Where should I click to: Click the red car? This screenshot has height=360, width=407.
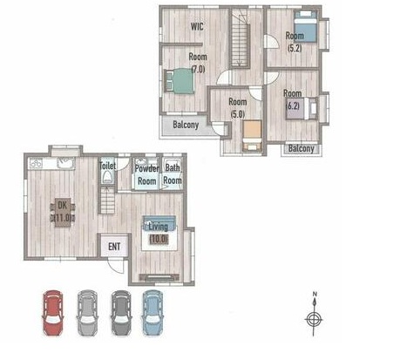click(53, 313)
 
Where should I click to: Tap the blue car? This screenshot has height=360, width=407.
click(153, 313)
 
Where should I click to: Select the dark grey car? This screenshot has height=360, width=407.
click(121, 313)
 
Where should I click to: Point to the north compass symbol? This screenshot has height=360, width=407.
click(314, 315)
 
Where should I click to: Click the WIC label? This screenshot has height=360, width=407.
click(197, 26)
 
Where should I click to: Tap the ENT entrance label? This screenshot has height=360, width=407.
click(114, 247)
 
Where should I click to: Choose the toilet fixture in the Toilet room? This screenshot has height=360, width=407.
click(107, 176)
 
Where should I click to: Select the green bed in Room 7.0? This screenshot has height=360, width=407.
click(180, 81)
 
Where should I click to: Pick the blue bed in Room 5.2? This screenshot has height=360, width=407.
click(305, 26)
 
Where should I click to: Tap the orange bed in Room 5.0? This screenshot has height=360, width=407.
click(253, 136)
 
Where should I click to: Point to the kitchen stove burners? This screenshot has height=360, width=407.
click(37, 164)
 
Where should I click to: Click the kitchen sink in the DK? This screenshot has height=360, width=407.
click(65, 163)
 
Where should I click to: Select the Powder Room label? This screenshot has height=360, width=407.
click(147, 175)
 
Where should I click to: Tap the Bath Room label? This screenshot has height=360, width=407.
click(173, 173)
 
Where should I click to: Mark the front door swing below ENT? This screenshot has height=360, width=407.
click(116, 266)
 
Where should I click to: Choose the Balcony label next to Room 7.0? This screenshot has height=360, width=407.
click(186, 125)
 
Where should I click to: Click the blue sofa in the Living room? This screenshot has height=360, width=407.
click(159, 223)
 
